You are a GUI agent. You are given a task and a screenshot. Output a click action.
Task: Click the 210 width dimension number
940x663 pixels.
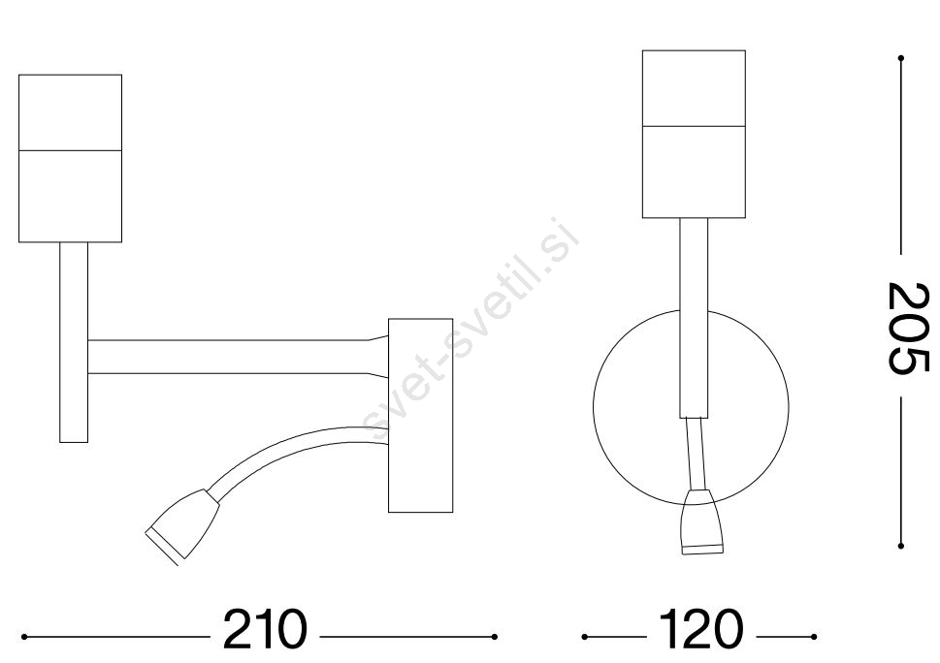click(x=265, y=630)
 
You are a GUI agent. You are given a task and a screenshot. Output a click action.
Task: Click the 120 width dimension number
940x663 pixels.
click(x=700, y=630)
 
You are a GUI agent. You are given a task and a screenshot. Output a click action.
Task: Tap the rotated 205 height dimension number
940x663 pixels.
click(x=908, y=329)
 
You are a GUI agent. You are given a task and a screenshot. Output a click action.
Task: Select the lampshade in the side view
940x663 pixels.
click(x=70, y=159)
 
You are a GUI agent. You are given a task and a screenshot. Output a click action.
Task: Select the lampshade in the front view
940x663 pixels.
click(x=694, y=134)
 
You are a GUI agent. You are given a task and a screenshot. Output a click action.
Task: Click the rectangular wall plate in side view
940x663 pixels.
click(x=420, y=416)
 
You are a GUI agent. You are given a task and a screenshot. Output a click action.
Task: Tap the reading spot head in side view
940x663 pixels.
click(x=181, y=525)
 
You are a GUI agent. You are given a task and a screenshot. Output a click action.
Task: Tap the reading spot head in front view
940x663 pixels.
click(x=697, y=521)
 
